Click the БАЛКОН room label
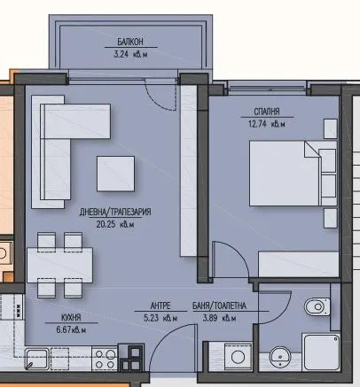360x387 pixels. (x=129, y=40)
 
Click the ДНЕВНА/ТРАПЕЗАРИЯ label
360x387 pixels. (x=103, y=213)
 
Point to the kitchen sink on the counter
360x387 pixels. (x=37, y=359)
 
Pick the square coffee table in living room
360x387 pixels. (x=116, y=174)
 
